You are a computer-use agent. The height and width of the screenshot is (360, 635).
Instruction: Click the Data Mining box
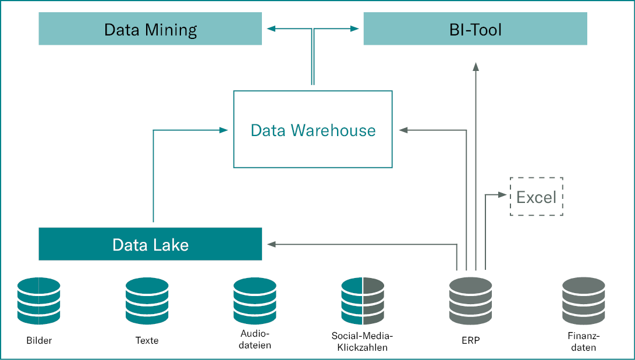(150, 29)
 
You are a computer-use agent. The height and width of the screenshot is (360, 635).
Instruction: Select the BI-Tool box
(475, 29)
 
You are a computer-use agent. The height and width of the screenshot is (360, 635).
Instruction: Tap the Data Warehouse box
(313, 129)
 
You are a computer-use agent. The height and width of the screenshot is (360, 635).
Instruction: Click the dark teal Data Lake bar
(150, 244)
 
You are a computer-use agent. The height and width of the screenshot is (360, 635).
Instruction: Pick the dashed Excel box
(536, 197)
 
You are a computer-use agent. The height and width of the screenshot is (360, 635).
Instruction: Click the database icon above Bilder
(39, 301)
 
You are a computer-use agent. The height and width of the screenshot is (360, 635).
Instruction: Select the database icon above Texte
(147, 301)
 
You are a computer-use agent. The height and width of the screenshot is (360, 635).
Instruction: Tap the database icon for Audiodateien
(255, 301)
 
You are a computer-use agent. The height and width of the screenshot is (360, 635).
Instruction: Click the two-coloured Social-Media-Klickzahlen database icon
(363, 301)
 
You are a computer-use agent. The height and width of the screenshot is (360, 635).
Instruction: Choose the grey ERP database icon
(471, 301)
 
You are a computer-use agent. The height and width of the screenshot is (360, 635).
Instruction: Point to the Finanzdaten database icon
(584, 301)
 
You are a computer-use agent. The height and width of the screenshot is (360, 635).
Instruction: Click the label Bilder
(39, 341)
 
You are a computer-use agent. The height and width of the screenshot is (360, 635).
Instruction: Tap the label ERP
(471, 341)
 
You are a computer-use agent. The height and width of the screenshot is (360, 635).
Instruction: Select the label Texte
(147, 341)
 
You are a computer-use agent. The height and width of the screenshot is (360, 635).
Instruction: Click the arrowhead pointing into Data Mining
(270, 28)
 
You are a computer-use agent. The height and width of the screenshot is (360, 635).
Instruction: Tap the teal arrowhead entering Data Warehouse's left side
(224, 130)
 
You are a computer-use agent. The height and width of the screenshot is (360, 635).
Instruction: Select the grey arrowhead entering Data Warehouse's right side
(403, 130)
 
